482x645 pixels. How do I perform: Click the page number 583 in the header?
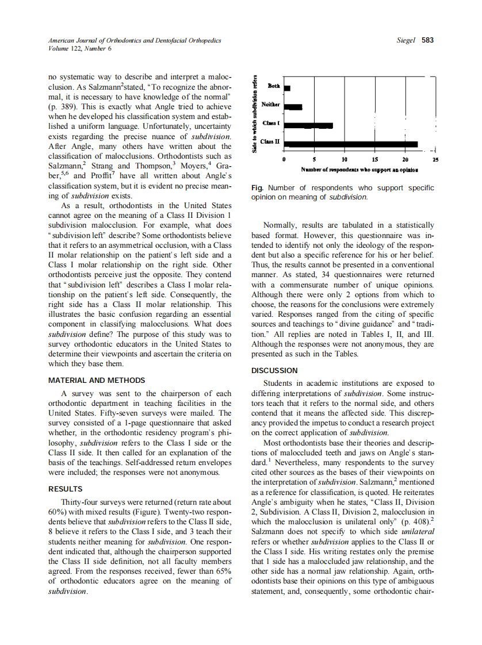point(427,40)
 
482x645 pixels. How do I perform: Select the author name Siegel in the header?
point(407,40)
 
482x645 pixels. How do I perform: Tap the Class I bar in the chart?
point(308,125)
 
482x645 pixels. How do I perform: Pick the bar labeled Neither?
point(293,106)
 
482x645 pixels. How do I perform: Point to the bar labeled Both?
point(288,88)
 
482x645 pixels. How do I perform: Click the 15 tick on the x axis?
point(374,159)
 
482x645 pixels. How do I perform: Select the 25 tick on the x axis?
point(435,159)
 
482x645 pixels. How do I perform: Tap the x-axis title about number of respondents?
point(359,170)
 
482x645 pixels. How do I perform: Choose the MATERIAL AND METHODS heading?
point(97,381)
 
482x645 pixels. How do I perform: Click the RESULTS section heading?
point(65,489)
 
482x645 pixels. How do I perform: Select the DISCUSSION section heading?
point(274,371)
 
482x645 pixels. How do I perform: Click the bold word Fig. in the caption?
point(258,188)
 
